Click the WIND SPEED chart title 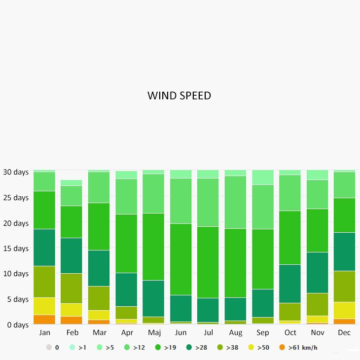(179, 96)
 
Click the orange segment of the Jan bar (44, 319)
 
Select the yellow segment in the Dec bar (344, 310)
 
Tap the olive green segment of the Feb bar (72, 288)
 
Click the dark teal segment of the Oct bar (289, 284)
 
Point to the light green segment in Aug (235, 202)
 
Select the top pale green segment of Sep (262, 178)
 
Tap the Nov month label (317, 333)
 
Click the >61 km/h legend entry (302, 348)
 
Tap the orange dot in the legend (283, 348)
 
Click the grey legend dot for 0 (49, 348)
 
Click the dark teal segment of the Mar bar (99, 268)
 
